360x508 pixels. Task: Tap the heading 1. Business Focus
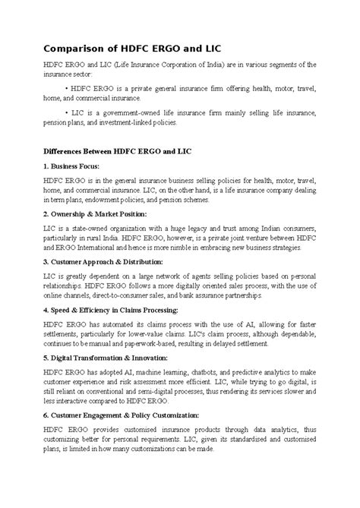73,165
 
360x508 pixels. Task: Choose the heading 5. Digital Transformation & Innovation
113,361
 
